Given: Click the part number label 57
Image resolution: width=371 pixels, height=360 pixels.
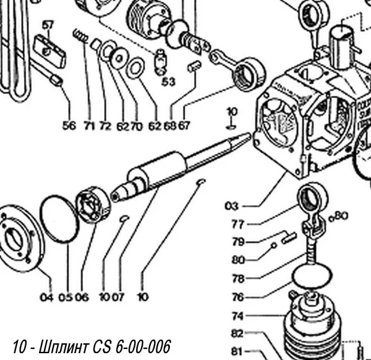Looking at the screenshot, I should (48, 25).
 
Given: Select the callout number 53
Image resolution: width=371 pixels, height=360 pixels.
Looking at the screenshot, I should (168, 81).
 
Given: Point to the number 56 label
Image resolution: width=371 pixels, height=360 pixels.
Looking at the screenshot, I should (69, 126).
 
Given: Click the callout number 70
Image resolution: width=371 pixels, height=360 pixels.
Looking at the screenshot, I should (137, 126).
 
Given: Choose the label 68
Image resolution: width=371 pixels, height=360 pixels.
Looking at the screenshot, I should (169, 126).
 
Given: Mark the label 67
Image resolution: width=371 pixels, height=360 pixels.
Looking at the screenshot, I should (184, 126).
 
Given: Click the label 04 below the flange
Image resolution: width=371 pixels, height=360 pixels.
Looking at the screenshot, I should (47, 297).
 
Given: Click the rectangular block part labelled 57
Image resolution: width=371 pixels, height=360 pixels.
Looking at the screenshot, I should (50, 51).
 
